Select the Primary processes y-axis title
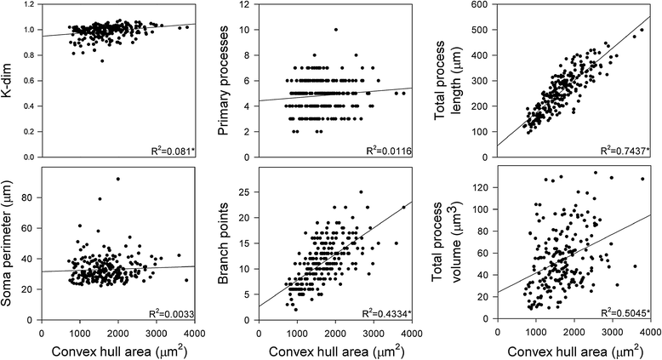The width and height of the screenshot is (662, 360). tap(237, 82)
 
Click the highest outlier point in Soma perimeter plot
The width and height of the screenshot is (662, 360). tap(117, 179)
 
